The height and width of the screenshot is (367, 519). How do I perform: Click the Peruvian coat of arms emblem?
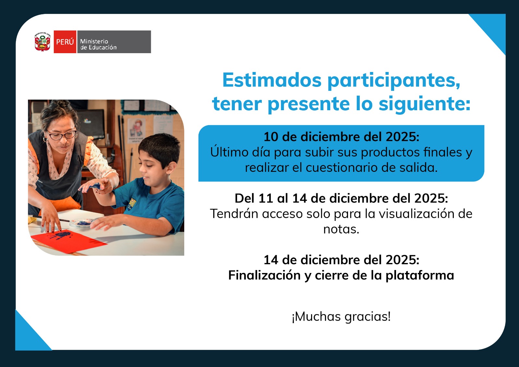coord(42,42)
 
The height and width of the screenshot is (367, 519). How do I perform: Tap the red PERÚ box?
coord(65,42)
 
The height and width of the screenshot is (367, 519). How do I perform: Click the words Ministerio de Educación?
coord(98,44)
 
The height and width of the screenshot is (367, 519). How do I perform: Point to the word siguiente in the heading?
coord(425,104)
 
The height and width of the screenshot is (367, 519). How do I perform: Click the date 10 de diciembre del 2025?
coord(341,136)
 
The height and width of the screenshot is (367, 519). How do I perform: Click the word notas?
coord(341,230)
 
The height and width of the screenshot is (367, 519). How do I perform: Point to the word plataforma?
coord(420,276)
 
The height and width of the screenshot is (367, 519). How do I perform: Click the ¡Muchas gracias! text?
coord(341,316)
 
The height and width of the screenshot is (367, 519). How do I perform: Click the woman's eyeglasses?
coord(62,135)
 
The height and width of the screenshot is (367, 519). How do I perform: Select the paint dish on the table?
coord(81,222)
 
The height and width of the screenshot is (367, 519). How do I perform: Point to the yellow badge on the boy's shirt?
coord(132,203)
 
